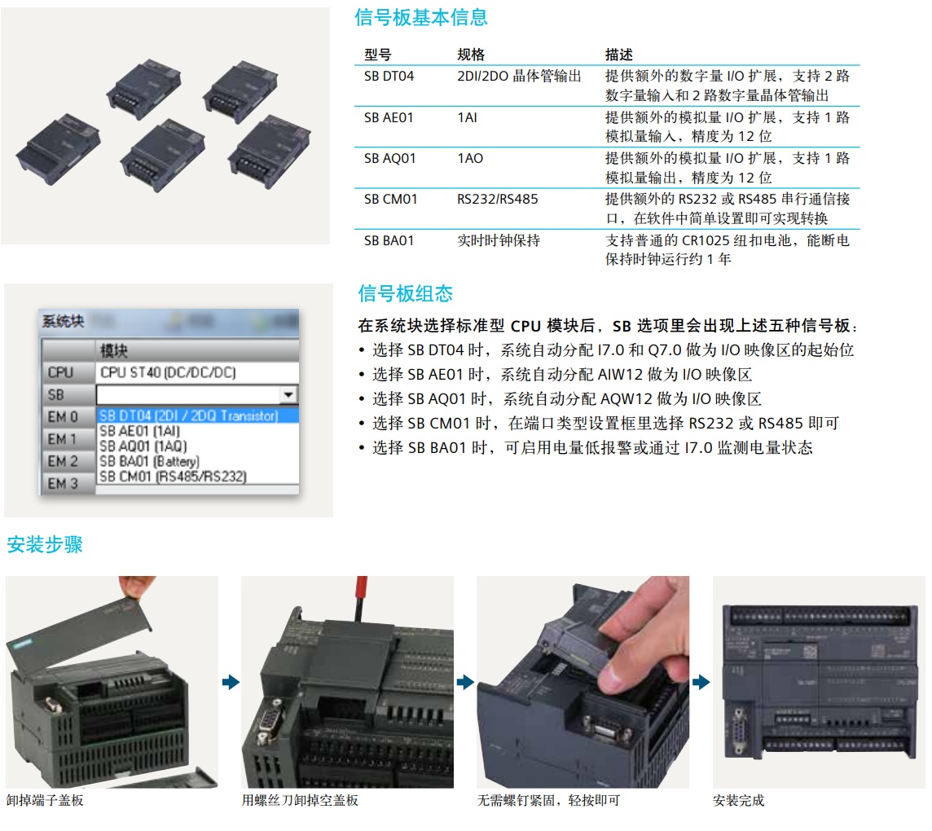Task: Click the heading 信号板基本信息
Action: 421,17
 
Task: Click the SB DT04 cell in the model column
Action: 389,76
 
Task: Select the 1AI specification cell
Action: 467,117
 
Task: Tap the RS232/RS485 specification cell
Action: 497,199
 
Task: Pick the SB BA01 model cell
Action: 389,240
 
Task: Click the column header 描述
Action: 619,55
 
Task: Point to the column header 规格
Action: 471,55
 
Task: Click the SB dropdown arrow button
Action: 288,394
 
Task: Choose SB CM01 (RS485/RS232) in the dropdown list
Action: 173,476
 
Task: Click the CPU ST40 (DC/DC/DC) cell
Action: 168,372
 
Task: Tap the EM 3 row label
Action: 63,484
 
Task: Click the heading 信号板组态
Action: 406,293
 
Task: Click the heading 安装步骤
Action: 45,544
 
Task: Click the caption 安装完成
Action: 738,801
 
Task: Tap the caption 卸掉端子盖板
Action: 45,801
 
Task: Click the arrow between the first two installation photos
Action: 231,682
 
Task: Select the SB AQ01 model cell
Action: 390,159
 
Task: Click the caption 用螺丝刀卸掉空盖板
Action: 300,801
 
